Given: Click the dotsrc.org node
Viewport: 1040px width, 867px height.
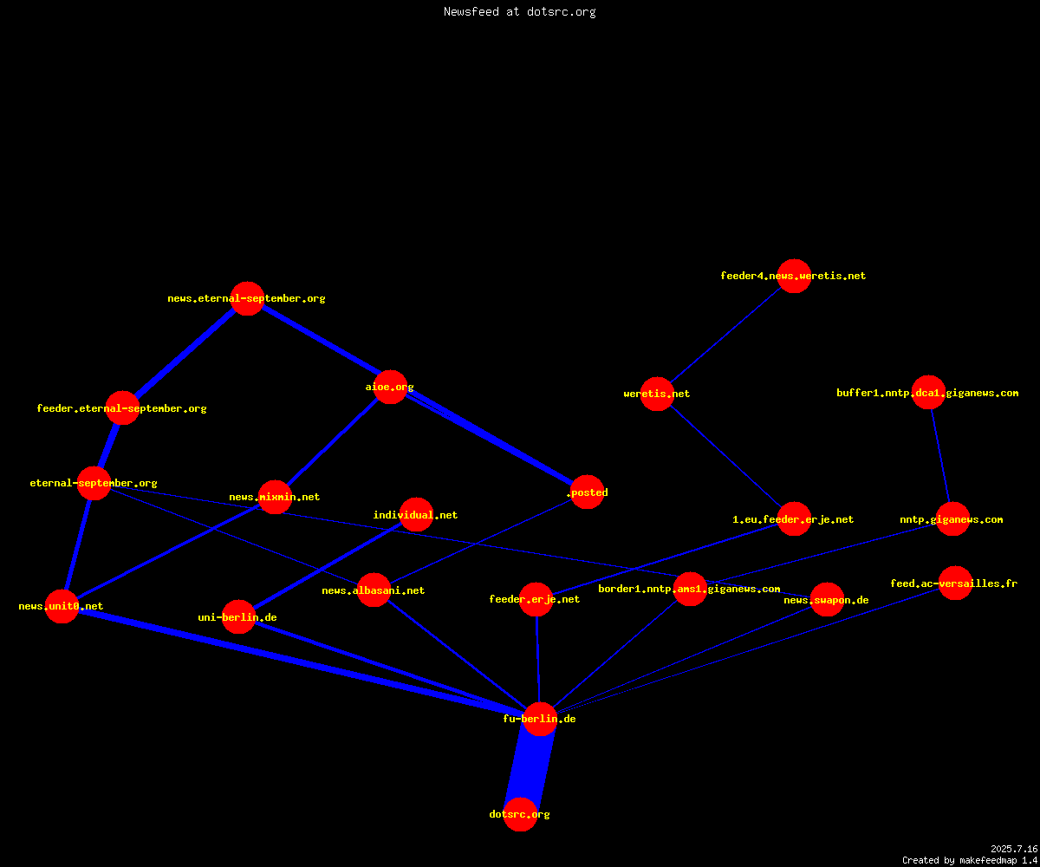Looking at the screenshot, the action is point(520,814).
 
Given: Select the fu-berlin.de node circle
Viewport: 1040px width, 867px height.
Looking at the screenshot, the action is point(540,719).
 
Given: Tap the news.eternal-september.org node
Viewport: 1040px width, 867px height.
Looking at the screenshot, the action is point(247,298).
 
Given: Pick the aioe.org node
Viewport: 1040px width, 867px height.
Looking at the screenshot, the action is point(390,388).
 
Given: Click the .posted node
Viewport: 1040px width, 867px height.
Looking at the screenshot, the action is point(588,492).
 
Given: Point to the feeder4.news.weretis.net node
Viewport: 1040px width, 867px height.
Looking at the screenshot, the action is point(794,276).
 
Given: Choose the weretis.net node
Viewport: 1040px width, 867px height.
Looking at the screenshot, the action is point(657,394).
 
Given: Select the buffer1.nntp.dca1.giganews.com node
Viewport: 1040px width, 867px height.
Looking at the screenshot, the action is point(928,393).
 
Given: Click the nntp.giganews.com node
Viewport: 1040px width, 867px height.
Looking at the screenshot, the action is point(952,519).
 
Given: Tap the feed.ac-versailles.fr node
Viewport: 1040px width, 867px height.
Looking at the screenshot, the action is point(955,583).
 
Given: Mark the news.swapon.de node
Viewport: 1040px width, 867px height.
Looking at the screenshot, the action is point(827,599).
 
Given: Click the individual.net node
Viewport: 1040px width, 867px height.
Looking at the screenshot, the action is point(416,515).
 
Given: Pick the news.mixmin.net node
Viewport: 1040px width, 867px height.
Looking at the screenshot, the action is point(275,497).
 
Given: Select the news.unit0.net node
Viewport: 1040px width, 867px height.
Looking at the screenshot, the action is point(62,606).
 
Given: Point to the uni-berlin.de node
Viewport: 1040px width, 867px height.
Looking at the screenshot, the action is point(238,616).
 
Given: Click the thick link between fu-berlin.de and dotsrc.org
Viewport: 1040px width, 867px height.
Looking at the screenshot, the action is point(530,766).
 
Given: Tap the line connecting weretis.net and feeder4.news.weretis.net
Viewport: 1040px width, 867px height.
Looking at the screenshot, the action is point(725,335).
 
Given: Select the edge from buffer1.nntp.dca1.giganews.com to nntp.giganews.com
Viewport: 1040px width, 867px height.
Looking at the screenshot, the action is point(940,456).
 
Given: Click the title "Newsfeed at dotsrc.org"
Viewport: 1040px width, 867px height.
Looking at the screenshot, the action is point(519,11).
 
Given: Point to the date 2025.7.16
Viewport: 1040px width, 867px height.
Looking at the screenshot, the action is point(1014,849).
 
